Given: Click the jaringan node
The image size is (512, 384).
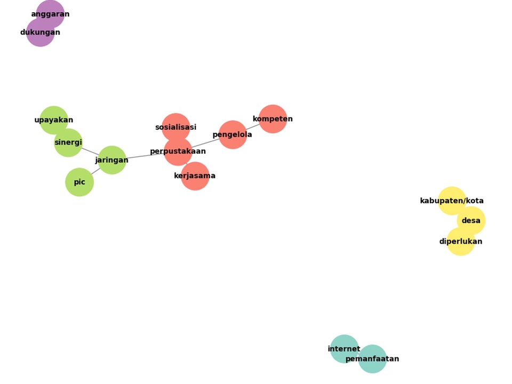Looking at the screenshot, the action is [x=112, y=160].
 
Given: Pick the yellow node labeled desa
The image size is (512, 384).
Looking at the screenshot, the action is [x=471, y=221].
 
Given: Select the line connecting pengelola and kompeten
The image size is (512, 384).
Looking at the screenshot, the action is [x=253, y=127].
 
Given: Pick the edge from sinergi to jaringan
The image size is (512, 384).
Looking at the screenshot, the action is [x=91, y=151].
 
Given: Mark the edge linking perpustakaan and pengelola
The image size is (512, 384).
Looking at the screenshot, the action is [x=205, y=143].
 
